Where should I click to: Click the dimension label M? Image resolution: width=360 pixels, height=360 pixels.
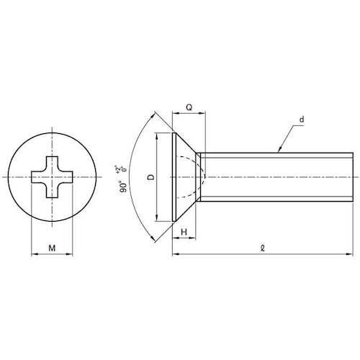(52, 248)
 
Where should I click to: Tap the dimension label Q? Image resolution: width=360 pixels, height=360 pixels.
(189, 107)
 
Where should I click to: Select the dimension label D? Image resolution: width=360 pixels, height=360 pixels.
(151, 177)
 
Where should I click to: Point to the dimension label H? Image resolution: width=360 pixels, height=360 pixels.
(184, 232)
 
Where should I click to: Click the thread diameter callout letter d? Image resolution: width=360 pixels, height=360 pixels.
(302, 120)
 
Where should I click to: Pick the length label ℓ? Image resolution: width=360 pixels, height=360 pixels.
(263, 248)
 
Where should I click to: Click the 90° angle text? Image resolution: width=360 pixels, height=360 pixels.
(123, 186)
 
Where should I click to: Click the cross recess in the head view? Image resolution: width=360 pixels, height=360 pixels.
(52, 177)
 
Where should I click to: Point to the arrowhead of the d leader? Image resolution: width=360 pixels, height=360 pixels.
(280, 150)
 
